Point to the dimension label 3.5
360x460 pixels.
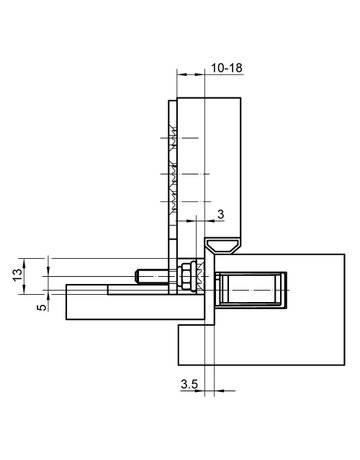(x=188, y=383)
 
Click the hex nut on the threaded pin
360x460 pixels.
(x=186, y=274)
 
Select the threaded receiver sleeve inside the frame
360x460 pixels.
(x=250, y=291)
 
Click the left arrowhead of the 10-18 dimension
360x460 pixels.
(x=179, y=75)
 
